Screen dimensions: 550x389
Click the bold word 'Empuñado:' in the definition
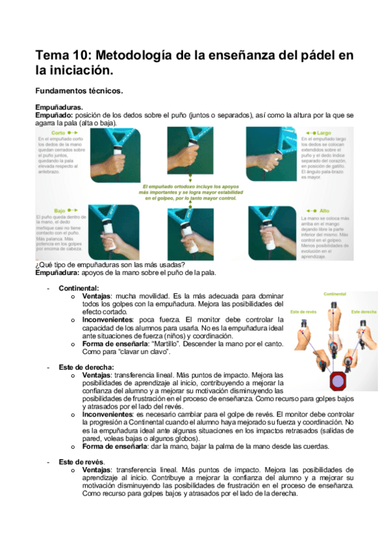pyautogui.click(x=54, y=114)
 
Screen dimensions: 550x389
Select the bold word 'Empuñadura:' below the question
pyautogui.click(x=59, y=272)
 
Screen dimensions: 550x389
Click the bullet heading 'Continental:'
pyautogui.click(x=79, y=288)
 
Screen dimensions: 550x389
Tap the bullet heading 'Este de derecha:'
pyautogui.click(x=86, y=367)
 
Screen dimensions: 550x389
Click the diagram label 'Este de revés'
pyautogui.click(x=305, y=311)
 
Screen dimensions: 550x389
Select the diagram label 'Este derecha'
pyautogui.click(x=364, y=311)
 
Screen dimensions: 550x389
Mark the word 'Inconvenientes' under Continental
pyautogui.click(x=108, y=320)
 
